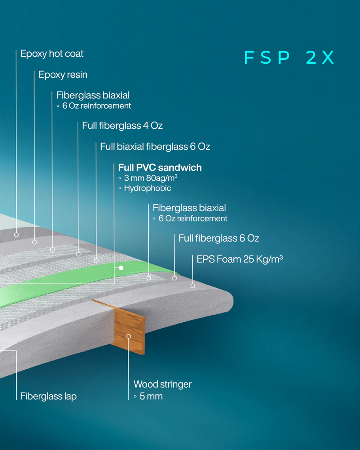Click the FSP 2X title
[x=289, y=57]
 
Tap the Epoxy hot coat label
[x=52, y=54]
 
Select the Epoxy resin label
[x=63, y=75]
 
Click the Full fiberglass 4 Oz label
[x=122, y=126]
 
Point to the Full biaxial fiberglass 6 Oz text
[x=155, y=147]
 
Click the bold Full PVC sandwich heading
[x=160, y=168]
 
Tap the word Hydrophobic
[x=147, y=188]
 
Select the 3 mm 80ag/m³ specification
[x=151, y=178]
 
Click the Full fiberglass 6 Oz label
[x=219, y=238]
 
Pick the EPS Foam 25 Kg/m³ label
[x=240, y=259]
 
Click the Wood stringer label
[x=163, y=384]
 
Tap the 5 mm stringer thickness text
[x=151, y=396]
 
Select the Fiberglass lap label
[x=49, y=396]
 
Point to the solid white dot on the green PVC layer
[x=121, y=268]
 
